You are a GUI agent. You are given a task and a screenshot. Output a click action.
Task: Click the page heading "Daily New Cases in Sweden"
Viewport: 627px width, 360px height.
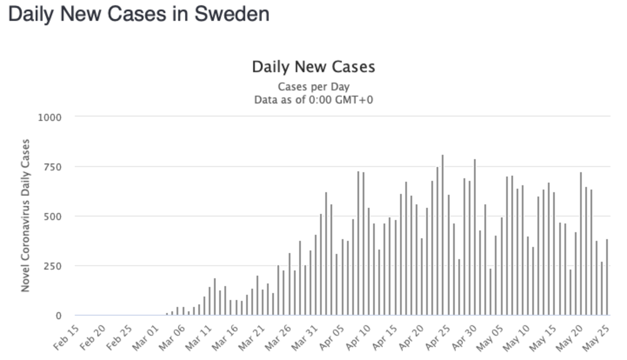(x=139, y=14)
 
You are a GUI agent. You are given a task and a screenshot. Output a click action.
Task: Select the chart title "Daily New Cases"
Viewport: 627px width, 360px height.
(x=313, y=67)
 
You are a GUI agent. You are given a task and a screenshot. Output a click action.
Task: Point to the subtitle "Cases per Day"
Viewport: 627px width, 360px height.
(x=313, y=87)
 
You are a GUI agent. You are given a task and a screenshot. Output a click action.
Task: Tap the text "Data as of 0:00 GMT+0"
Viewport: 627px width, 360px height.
(x=313, y=100)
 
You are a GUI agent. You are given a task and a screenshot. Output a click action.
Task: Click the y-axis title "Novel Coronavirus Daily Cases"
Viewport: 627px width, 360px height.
(x=25, y=216)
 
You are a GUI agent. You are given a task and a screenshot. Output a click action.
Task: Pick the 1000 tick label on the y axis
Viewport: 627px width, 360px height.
(x=49, y=117)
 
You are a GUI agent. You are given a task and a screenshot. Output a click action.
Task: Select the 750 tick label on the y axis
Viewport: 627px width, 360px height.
(x=52, y=167)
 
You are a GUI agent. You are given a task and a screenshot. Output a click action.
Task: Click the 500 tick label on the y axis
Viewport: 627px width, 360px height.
(x=52, y=216)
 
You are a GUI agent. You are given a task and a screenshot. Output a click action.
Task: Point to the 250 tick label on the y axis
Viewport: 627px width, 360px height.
(x=52, y=266)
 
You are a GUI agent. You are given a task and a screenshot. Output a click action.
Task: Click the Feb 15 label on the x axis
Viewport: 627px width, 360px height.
(x=66, y=339)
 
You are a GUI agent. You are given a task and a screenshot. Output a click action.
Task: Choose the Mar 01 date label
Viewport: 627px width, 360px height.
(x=146, y=339)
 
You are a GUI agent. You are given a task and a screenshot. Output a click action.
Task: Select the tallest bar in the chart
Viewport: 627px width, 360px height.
(x=442, y=235)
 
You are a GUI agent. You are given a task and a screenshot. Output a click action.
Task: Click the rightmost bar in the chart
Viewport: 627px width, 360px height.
(x=607, y=277)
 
